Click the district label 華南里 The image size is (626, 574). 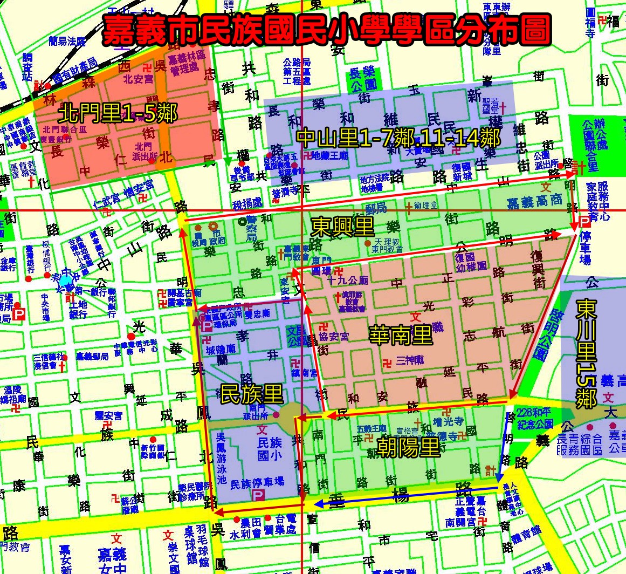(401, 335)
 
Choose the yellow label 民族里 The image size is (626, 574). (252, 394)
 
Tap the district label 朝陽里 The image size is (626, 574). (408, 447)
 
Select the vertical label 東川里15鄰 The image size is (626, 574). (586, 353)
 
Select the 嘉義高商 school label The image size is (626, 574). (534, 202)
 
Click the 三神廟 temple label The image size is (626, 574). (409, 360)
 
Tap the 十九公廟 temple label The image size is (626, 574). (348, 280)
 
